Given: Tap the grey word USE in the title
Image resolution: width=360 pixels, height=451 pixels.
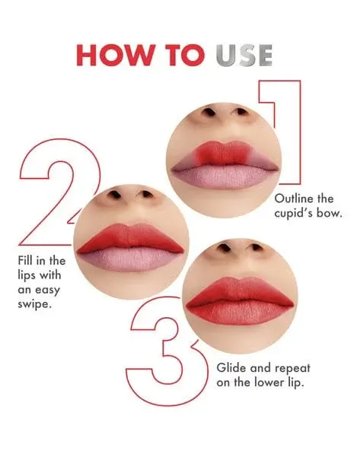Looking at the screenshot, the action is [x=244, y=56].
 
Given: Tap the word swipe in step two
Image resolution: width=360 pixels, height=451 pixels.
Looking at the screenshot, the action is [x=35, y=305].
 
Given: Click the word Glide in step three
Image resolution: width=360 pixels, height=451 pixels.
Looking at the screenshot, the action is [x=231, y=367].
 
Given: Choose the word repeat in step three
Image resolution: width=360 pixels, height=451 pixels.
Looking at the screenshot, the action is [x=292, y=368].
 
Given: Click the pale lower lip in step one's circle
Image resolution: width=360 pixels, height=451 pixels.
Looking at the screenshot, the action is [x=225, y=177].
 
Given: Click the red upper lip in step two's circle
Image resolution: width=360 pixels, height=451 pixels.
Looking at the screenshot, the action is [x=130, y=238].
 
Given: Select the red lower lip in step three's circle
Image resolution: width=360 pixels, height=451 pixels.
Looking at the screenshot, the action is [x=240, y=313].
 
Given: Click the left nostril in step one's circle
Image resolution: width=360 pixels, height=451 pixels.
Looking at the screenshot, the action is [x=209, y=112].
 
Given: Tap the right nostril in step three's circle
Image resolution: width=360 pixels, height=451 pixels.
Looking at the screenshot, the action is [x=256, y=247].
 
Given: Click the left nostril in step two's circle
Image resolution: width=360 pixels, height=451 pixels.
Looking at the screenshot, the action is [x=115, y=194].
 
